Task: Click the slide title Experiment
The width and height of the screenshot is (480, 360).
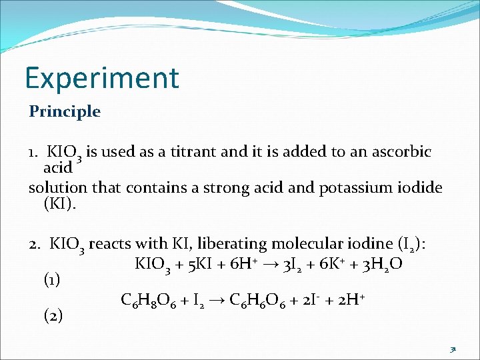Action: [x=102, y=78]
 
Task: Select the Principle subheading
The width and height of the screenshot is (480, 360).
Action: [x=65, y=111]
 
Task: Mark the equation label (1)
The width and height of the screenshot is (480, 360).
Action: [x=51, y=280]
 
